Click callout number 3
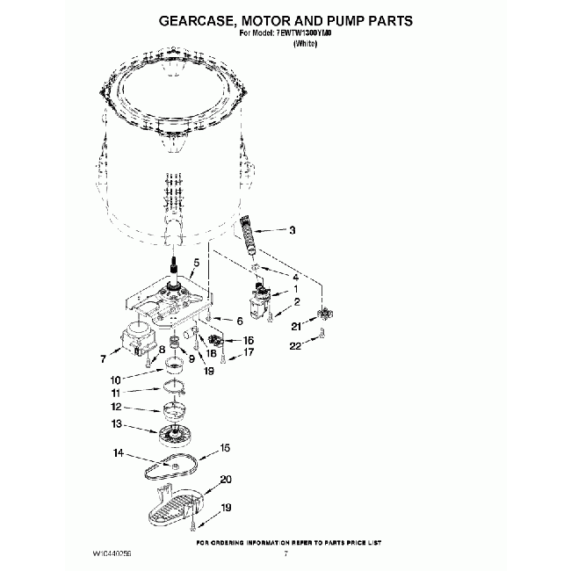click(292, 231)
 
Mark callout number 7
click(104, 358)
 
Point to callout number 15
click(225, 448)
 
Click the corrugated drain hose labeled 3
click(250, 236)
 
